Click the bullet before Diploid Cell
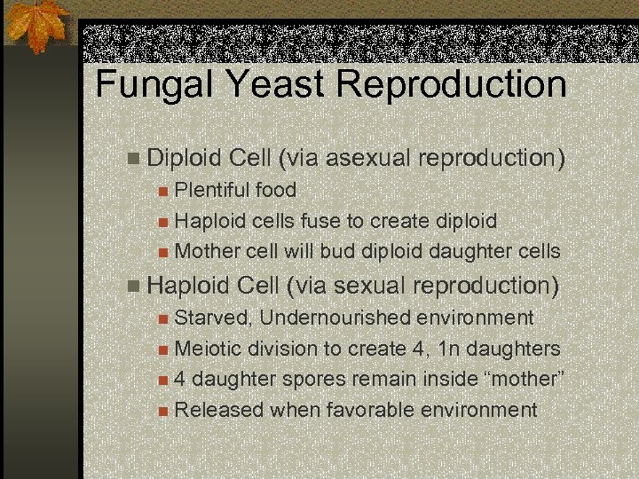pyautogui.click(x=133, y=160)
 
